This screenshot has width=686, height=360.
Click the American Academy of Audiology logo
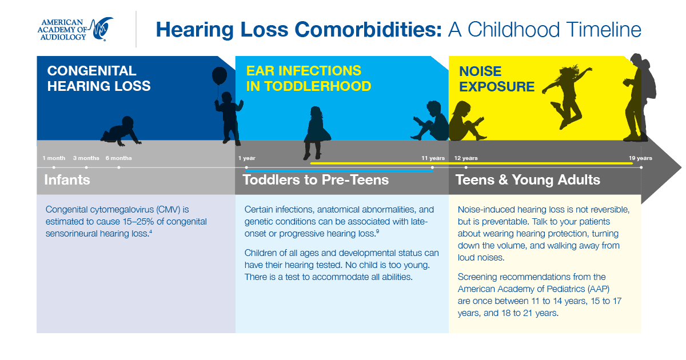(x=75, y=29)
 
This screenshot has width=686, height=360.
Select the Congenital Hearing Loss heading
(x=99, y=78)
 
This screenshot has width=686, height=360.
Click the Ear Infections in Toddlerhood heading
(x=309, y=78)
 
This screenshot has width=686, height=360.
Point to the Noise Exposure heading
(x=497, y=79)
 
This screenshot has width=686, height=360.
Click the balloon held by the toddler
(x=220, y=75)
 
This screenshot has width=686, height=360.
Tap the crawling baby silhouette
(x=121, y=131)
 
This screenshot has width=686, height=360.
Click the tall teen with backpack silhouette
(x=640, y=97)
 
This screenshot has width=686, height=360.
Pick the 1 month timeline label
(x=54, y=158)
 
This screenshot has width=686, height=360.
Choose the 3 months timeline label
(x=86, y=158)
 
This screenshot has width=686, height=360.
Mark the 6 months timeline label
(x=119, y=158)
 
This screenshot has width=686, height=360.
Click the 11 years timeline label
(x=433, y=158)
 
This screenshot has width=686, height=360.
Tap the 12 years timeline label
(x=466, y=158)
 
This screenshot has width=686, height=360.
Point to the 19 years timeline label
(x=640, y=158)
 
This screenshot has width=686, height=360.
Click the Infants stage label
(x=67, y=179)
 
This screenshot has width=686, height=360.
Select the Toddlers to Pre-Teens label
(x=316, y=179)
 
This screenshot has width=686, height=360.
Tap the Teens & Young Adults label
(x=528, y=179)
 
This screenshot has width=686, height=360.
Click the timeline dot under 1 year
(x=246, y=167)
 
